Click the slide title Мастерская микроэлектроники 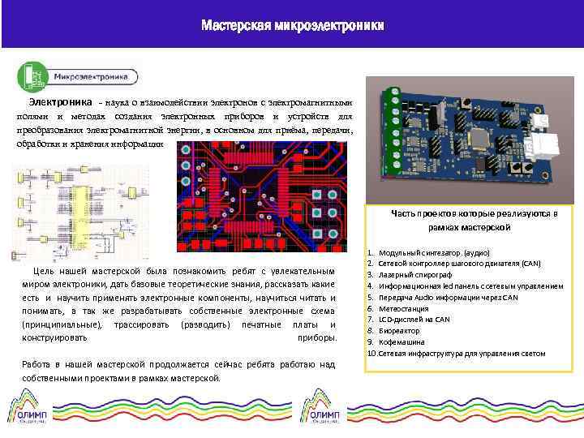[x=292, y=26]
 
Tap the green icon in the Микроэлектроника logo [x=33, y=76]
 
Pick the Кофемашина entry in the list [x=413, y=342]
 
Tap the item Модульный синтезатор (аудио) [x=439, y=252]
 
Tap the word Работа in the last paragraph [x=37, y=364]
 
